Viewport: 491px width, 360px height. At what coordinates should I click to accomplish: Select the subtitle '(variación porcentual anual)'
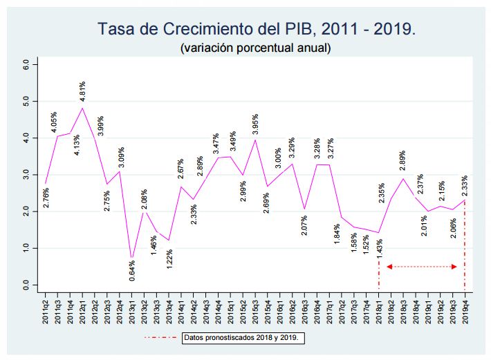point(255,48)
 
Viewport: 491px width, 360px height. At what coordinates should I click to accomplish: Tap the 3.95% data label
point(255,125)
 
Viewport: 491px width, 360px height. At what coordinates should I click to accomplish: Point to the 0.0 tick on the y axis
point(26,284)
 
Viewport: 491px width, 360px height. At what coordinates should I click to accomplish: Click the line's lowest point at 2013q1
point(131,258)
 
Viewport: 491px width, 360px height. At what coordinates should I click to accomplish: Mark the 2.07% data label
point(304,225)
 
